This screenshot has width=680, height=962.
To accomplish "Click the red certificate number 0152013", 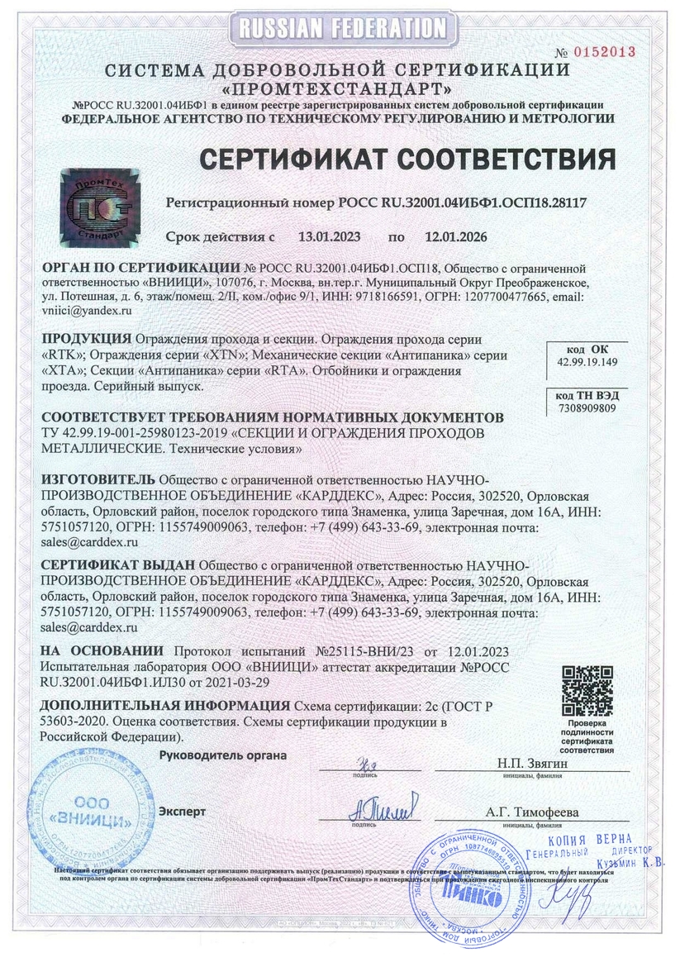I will (x=606, y=51).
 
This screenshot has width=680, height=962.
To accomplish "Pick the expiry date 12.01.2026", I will (x=455, y=237).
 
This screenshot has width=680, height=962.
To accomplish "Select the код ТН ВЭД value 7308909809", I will (x=586, y=408).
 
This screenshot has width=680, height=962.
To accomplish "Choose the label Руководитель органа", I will (x=222, y=755).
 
